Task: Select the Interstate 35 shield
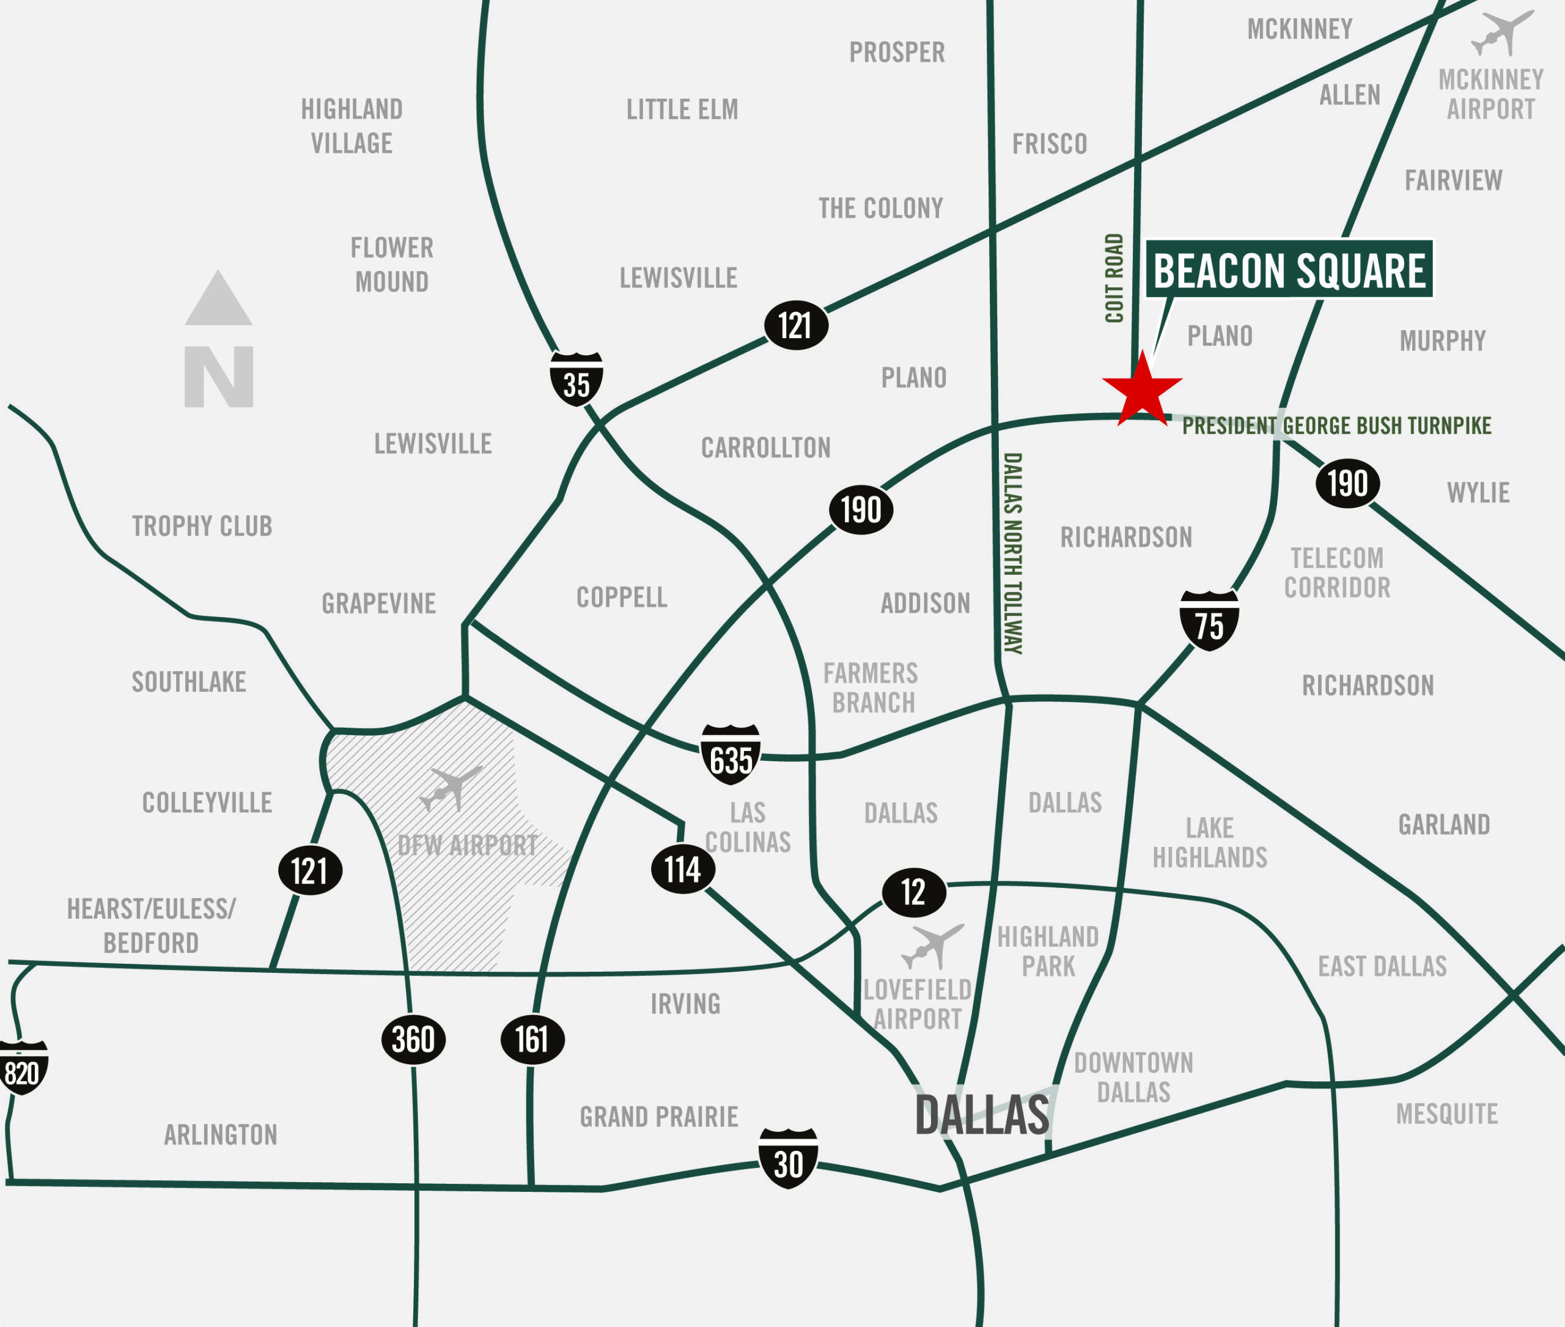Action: (x=576, y=379)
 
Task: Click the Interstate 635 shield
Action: (x=731, y=755)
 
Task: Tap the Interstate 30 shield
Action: (x=787, y=1158)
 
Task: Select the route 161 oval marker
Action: (x=532, y=1040)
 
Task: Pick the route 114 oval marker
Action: (x=682, y=870)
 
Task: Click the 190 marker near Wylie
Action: (x=1347, y=484)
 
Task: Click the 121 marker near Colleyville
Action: (x=310, y=870)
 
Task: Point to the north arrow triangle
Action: (x=218, y=301)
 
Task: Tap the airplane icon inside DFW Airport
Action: (x=451, y=788)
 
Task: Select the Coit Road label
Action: (x=1114, y=278)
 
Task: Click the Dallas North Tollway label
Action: (x=1013, y=553)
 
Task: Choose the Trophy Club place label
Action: (x=202, y=526)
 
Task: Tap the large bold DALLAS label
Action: (x=981, y=1115)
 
